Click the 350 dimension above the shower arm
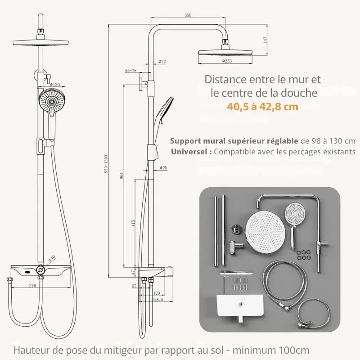coord(188,15)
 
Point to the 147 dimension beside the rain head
coord(265,39)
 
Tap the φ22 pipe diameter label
coord(162,61)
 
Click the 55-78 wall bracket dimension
coord(130,71)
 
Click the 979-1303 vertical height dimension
coord(106,162)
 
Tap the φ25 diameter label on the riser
coord(163,168)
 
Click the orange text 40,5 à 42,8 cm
coord(263,107)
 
